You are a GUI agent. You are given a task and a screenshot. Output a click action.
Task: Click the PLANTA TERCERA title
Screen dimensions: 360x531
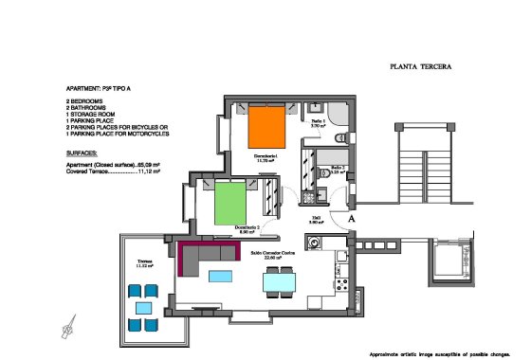click(x=420, y=67)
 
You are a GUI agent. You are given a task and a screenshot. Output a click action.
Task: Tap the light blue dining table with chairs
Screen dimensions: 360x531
click(x=279, y=281)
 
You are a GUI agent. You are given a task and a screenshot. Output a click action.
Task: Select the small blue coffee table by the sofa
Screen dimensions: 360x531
click(x=221, y=276)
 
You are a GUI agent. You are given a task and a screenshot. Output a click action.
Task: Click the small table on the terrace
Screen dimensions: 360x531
click(x=145, y=308)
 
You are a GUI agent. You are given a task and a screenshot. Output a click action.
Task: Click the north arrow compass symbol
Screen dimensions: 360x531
click(x=66, y=332)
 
